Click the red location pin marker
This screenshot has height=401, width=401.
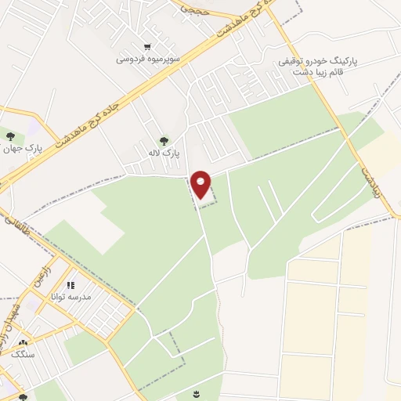click(x=201, y=185)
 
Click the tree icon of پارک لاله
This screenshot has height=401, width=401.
click(x=163, y=141)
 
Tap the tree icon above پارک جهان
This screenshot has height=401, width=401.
click(x=9, y=137)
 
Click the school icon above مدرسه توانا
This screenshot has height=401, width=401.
click(x=70, y=286)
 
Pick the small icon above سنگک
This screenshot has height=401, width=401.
click(x=23, y=342)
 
